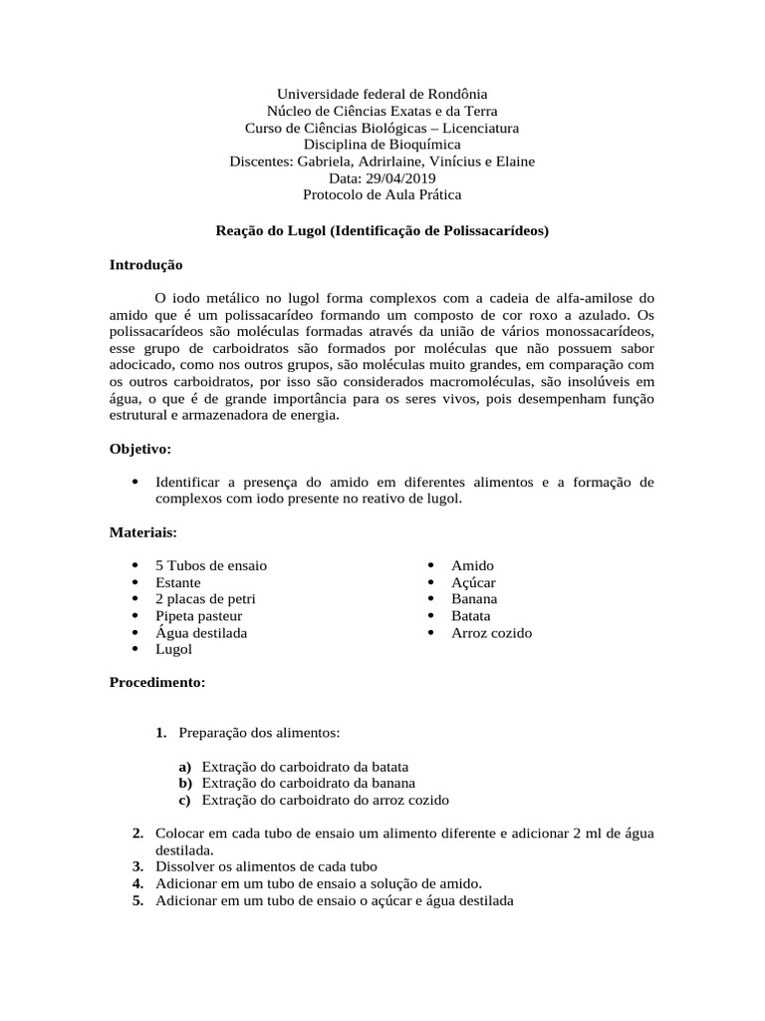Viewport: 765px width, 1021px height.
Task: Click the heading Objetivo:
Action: (x=140, y=450)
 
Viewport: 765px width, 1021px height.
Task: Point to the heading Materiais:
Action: (x=142, y=533)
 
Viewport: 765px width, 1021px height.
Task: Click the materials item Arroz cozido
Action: (x=491, y=633)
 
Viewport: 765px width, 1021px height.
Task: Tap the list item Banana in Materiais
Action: (x=474, y=599)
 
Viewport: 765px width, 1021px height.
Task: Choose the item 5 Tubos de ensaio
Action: (x=210, y=565)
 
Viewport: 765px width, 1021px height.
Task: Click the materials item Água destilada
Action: (x=201, y=633)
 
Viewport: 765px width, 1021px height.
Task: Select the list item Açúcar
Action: (x=473, y=582)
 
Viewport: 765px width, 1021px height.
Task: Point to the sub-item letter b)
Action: (x=185, y=783)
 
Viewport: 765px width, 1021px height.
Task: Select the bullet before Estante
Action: (x=134, y=582)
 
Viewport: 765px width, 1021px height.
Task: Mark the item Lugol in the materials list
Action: (x=173, y=650)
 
